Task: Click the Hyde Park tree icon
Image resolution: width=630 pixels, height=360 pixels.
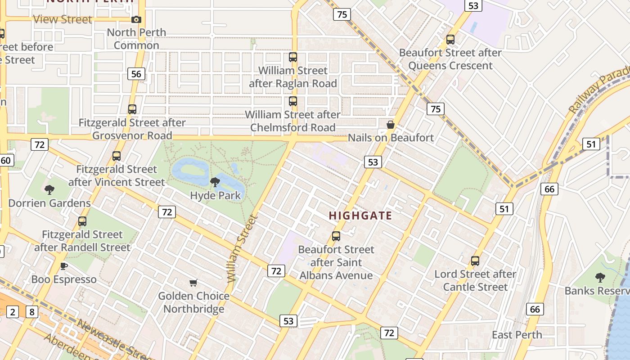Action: [215, 182]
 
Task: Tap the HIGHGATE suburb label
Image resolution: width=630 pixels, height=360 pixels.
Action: [360, 216]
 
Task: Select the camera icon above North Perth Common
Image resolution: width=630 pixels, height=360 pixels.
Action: [136, 19]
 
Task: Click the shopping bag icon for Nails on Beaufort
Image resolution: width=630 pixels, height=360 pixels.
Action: [391, 125]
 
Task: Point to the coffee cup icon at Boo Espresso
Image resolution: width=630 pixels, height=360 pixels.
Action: [64, 266]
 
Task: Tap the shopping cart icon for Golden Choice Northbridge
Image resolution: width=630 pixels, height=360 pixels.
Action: [193, 283]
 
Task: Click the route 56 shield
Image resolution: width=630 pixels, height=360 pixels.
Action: [136, 74]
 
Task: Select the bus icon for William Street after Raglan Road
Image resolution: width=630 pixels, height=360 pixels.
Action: [293, 57]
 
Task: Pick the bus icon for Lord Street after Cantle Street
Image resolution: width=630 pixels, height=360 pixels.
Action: [475, 261]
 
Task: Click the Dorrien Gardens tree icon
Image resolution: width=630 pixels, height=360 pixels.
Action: [49, 189]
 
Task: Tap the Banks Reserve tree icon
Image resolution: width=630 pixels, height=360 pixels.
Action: [600, 277]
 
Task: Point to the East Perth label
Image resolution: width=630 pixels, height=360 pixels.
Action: [517, 335]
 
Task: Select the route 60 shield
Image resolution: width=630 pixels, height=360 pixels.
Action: [5, 160]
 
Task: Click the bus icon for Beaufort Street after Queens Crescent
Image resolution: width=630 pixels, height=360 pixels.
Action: [450, 39]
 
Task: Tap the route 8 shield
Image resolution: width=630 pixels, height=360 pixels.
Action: [31, 312]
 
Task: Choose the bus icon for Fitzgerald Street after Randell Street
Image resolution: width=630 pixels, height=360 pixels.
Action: [82, 221]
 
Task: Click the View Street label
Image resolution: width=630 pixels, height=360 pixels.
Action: [63, 19]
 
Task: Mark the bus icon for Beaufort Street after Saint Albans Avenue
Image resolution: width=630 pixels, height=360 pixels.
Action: [336, 236]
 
